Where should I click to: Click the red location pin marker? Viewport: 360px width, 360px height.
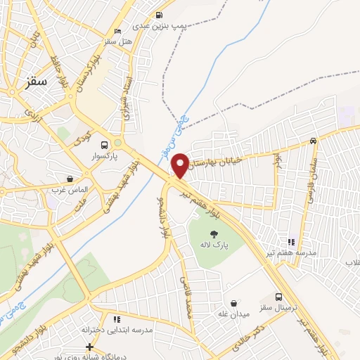(181, 165)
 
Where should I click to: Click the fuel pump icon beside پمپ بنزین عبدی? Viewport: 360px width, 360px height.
(160, 15)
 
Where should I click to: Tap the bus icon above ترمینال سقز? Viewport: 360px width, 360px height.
(279, 297)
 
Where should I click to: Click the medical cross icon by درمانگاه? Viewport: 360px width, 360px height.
(89, 347)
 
